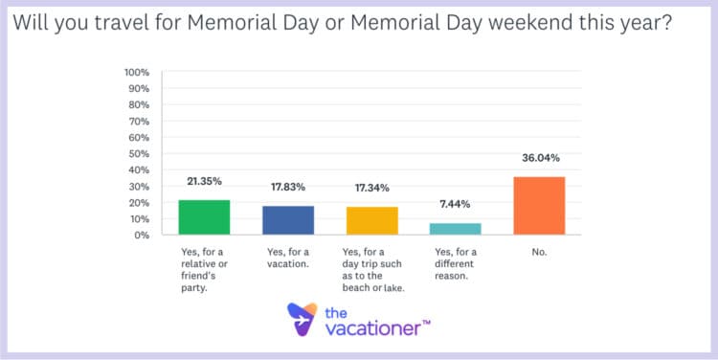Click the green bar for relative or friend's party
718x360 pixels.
pyautogui.click(x=204, y=217)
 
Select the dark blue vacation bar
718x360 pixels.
pyautogui.click(x=288, y=220)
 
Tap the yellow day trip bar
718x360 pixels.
pyautogui.click(x=371, y=220)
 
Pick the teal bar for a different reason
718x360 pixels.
pyautogui.click(x=456, y=229)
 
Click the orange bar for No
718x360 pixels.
pyautogui.click(x=539, y=206)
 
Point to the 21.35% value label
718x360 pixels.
pyautogui.click(x=204, y=181)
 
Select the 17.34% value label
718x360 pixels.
pyautogui.click(x=371, y=188)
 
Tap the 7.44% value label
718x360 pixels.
pyautogui.click(x=456, y=204)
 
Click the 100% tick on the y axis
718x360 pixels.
pyautogui.click(x=136, y=73)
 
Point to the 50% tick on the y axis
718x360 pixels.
pyautogui.click(x=138, y=154)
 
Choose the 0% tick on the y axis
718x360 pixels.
pyautogui.click(x=141, y=235)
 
